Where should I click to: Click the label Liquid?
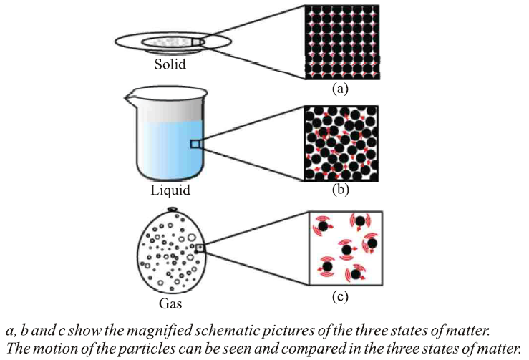(170, 192)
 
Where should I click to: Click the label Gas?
(170, 303)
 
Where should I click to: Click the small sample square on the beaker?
(194, 144)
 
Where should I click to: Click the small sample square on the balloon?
(200, 248)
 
